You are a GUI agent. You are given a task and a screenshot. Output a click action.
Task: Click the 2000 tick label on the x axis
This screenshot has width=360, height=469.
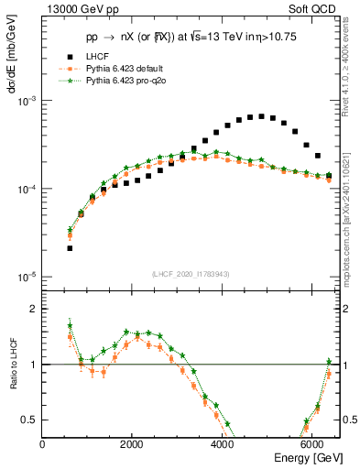coord(132,444)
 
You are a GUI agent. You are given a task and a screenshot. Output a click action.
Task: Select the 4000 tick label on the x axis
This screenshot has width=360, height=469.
coord(222,444)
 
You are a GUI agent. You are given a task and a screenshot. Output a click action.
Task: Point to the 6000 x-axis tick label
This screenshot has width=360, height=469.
coord(311,444)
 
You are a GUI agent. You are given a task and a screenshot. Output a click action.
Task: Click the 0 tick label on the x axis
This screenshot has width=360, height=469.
coord(43,444)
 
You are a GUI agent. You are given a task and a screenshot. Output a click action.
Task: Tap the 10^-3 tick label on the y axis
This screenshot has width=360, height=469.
coord(27,101)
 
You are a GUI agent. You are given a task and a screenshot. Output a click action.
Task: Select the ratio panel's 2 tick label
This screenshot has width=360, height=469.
coord(35,310)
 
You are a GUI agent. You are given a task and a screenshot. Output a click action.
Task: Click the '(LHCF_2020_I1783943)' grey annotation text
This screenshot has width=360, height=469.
coord(191,275)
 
